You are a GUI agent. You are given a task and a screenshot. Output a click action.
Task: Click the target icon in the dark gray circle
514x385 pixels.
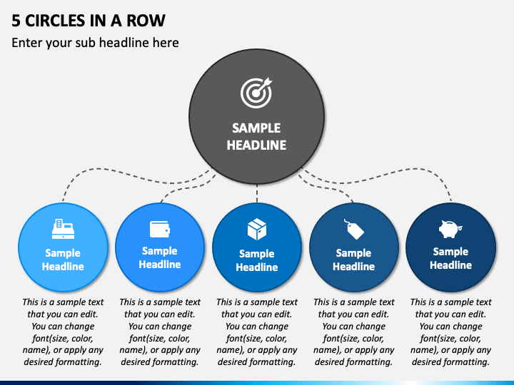pyautogui.click(x=256, y=93)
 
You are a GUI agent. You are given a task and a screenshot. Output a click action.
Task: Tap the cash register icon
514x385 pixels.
pyautogui.click(x=63, y=229)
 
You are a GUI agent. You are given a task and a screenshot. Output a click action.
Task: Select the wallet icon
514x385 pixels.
pyautogui.click(x=160, y=229)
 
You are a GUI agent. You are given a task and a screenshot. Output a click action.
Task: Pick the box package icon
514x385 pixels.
pyautogui.click(x=257, y=229)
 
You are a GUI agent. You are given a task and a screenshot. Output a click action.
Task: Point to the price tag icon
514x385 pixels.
pyautogui.click(x=354, y=229)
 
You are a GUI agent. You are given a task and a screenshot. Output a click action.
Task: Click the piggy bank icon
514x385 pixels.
pyautogui.click(x=450, y=229)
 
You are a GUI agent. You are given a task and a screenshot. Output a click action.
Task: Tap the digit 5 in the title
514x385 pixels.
pyautogui.click(x=16, y=21)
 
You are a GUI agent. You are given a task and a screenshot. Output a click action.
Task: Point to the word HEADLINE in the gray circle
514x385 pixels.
pyautogui.click(x=257, y=145)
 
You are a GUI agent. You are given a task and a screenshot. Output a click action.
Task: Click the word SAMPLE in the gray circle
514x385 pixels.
pyautogui.click(x=256, y=128)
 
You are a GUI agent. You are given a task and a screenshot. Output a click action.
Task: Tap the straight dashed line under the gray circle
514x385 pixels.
pyautogui.click(x=257, y=193)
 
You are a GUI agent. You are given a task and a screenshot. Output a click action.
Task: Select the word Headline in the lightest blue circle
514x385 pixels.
pyautogui.click(x=63, y=267)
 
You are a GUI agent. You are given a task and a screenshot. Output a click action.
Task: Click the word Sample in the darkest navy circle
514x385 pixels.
pyautogui.click(x=450, y=252)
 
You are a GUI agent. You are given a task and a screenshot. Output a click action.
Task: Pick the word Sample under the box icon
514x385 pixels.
pyautogui.click(x=257, y=254)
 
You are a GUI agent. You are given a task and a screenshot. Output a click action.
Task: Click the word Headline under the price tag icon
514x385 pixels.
pyautogui.click(x=353, y=267)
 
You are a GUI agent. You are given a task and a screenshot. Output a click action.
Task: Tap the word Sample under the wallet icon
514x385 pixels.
pyautogui.click(x=160, y=251)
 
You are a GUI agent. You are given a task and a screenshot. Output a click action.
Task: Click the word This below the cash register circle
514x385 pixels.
pyautogui.click(x=29, y=302)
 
